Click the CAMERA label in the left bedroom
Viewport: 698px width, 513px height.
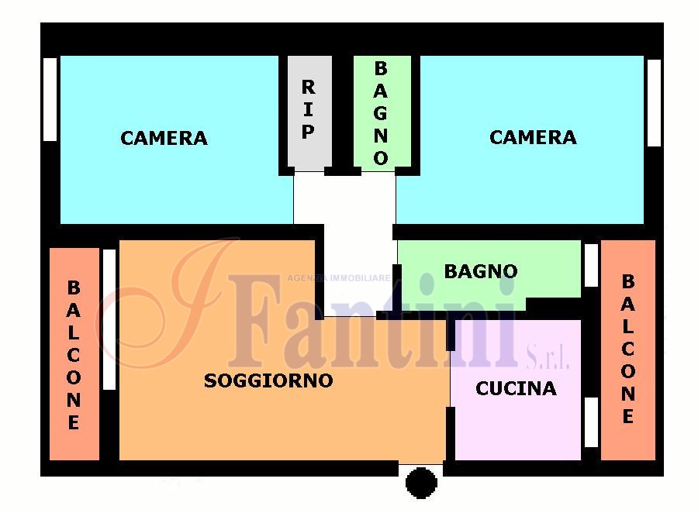tap(164, 139)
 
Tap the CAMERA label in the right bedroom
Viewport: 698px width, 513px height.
tap(533, 137)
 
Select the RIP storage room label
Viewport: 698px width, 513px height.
tap(308, 109)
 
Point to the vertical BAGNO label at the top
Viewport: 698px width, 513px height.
tap(381, 113)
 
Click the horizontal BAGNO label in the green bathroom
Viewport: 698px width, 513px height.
tap(481, 271)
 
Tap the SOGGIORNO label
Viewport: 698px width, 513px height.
tap(268, 380)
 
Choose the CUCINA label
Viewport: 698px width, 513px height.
tap(516, 389)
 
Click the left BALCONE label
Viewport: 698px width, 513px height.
tap(74, 355)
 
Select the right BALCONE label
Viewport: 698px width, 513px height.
tap(628, 349)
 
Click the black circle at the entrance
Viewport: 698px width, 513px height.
tap(421, 483)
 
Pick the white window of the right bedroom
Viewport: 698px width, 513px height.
tap(654, 103)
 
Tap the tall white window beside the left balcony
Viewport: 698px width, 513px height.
tap(109, 319)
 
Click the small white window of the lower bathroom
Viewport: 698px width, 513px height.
tap(591, 266)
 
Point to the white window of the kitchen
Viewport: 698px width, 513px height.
tap(591, 422)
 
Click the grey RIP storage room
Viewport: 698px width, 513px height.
tap(309, 112)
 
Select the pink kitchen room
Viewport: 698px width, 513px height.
tap(518, 390)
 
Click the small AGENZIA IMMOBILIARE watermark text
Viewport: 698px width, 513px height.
tap(339, 278)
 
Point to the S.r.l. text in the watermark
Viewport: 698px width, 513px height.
tap(548, 358)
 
